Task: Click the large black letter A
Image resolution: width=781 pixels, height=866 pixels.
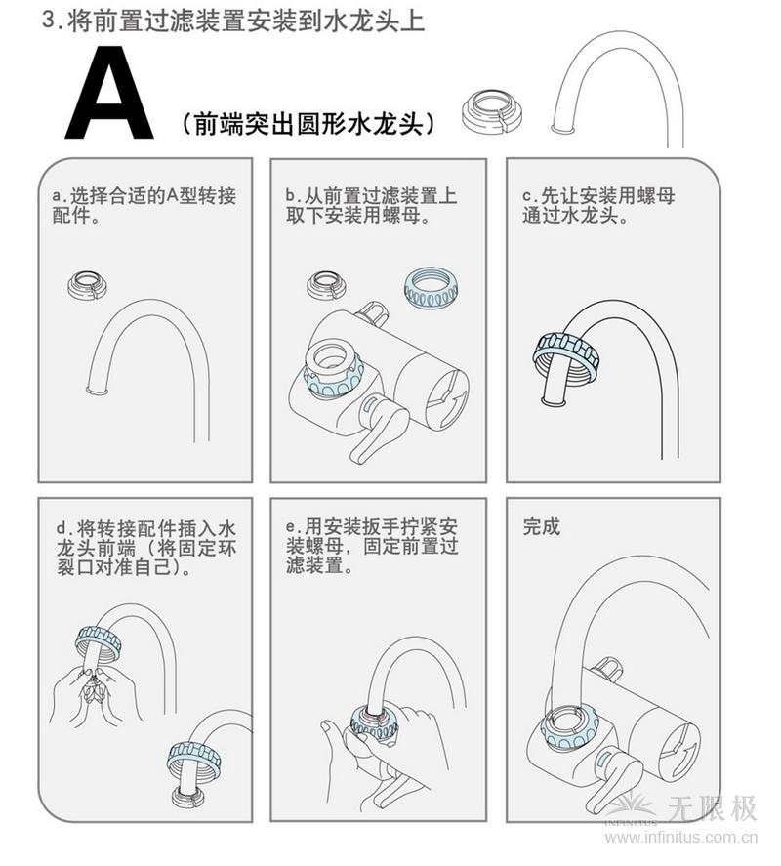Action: [x=108, y=94]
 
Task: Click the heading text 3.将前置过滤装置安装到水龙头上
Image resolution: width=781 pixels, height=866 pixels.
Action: [x=234, y=21]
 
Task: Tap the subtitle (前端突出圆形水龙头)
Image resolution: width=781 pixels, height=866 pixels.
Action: [x=308, y=124]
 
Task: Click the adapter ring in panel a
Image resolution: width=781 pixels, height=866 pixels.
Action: [x=86, y=284]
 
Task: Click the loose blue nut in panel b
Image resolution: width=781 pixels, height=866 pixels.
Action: [x=431, y=286]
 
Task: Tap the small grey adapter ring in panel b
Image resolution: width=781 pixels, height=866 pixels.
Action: [x=325, y=285]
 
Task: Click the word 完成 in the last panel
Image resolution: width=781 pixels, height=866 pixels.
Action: [x=542, y=527]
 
